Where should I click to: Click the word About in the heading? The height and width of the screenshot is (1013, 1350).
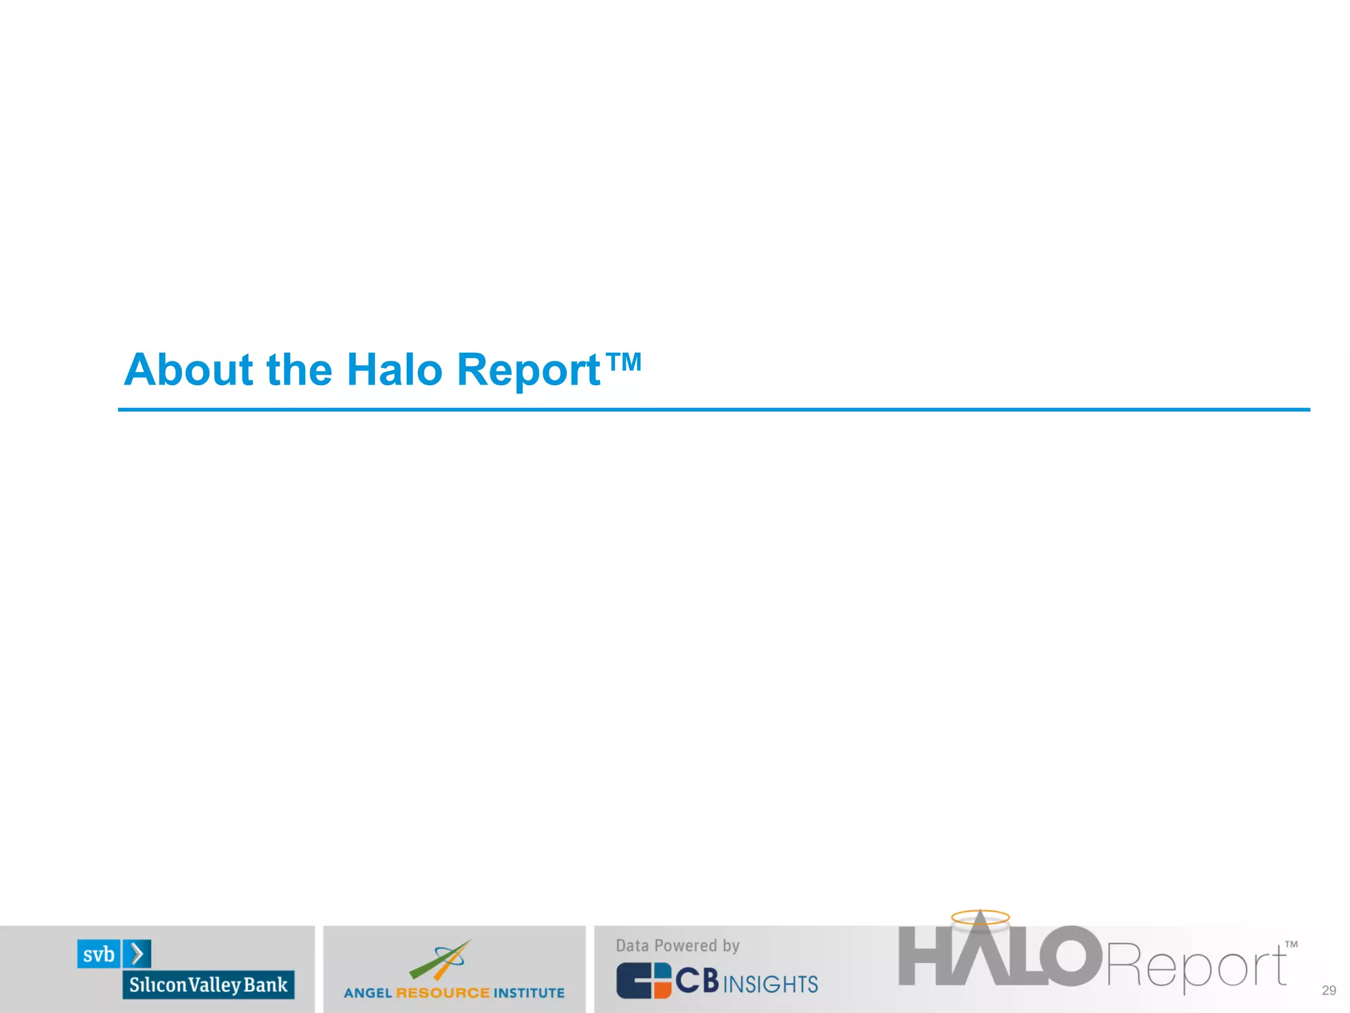tap(189, 369)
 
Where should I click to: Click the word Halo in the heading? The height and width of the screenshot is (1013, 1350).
tap(394, 369)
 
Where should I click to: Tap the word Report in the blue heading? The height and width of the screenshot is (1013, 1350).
tap(528, 371)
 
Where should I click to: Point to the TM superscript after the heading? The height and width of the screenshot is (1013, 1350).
tap(623, 361)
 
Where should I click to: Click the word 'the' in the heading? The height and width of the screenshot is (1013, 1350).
tap(299, 369)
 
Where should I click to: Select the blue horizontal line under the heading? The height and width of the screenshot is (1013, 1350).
tap(713, 410)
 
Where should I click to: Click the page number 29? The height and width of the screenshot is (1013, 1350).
tap(1329, 990)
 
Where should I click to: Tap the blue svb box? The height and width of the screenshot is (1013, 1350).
tap(99, 954)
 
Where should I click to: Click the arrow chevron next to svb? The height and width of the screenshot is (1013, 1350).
tap(137, 954)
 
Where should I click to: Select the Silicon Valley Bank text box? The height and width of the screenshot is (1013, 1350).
tap(208, 985)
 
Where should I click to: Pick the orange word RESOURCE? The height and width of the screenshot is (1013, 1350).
tap(443, 993)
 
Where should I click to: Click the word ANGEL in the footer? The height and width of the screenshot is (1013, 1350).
tap(368, 993)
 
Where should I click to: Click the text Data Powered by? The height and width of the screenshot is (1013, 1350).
tap(678, 946)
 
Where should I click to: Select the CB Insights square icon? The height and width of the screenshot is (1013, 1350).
tap(643, 981)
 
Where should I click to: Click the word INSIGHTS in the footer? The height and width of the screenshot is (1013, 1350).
tap(771, 984)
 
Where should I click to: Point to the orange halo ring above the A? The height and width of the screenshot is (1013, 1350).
tap(980, 917)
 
